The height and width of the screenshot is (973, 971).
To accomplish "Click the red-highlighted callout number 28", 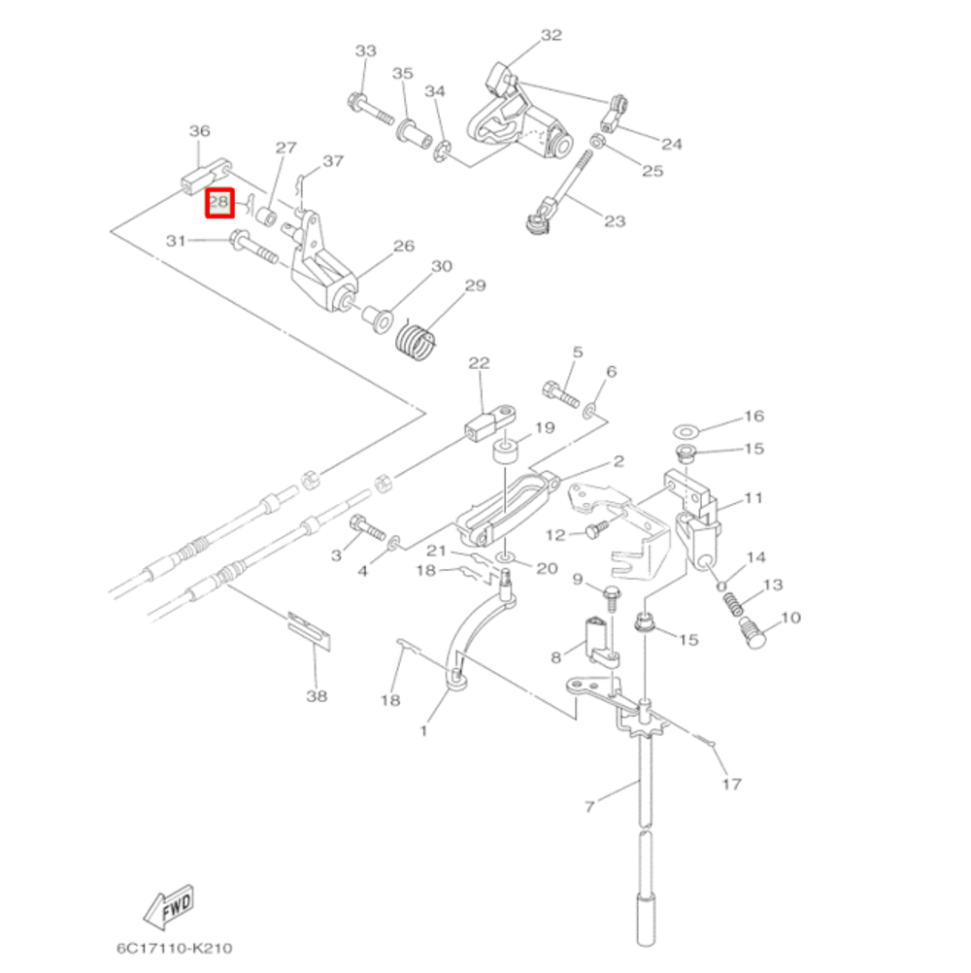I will click(x=219, y=203).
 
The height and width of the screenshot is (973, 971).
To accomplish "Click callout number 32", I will click(x=551, y=36).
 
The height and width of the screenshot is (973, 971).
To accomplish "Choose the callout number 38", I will click(x=317, y=695).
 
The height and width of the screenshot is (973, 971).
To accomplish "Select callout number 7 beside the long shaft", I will click(x=588, y=804).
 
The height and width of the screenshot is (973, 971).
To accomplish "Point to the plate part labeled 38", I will click(x=310, y=628).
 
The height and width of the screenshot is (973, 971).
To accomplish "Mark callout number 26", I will click(x=403, y=247).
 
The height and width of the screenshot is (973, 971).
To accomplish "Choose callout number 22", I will click(x=480, y=363).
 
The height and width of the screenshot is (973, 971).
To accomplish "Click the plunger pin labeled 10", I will click(x=754, y=634).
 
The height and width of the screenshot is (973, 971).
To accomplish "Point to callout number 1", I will click(x=422, y=731).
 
